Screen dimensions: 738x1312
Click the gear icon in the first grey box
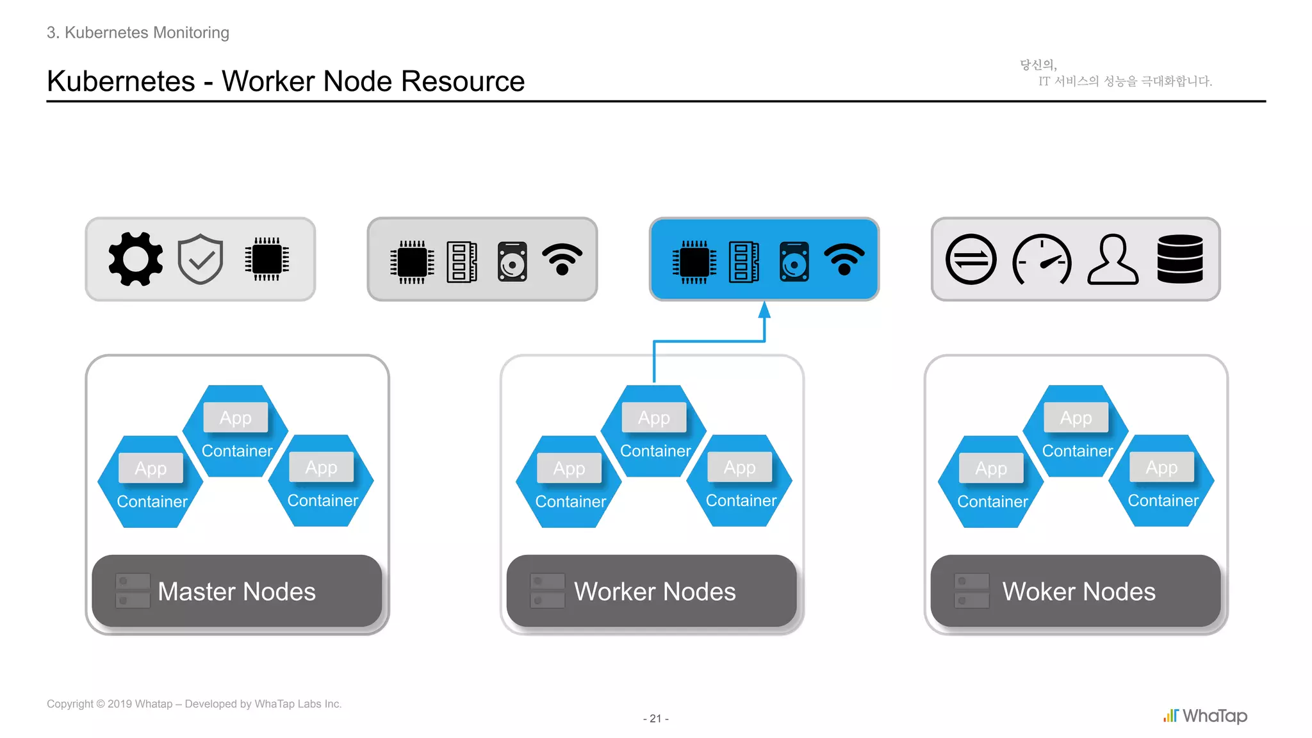pos(135,259)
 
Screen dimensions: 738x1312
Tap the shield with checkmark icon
pos(201,259)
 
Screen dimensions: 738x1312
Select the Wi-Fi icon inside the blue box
pos(844,259)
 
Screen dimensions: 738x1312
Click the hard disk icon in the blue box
pos(794,261)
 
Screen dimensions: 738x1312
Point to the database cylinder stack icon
pos(1180,259)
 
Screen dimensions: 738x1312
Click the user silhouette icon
pos(1113,259)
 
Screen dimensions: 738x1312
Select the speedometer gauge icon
pos(1042,259)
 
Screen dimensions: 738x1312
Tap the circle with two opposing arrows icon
pos(971,259)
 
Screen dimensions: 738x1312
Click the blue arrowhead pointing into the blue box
pos(764,310)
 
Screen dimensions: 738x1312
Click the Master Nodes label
pos(236,591)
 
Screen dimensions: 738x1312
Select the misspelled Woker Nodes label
pos(1079,591)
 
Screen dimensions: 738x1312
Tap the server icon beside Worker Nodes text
pos(548,591)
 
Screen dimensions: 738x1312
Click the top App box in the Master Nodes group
pos(236,418)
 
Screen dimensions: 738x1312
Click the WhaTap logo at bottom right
pos(1205,716)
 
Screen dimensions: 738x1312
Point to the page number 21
pos(655,719)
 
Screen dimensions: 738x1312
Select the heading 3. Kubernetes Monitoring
pos(138,33)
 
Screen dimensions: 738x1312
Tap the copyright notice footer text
pos(194,704)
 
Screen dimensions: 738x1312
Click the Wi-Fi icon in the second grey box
pos(562,259)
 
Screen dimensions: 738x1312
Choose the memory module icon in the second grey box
pos(462,261)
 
